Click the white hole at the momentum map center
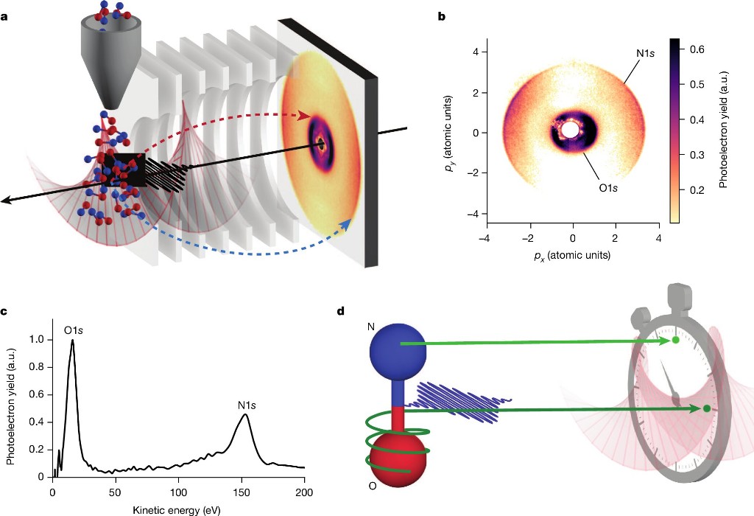[570, 130]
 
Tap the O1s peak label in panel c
[72, 329]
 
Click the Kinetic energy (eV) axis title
[177, 508]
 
